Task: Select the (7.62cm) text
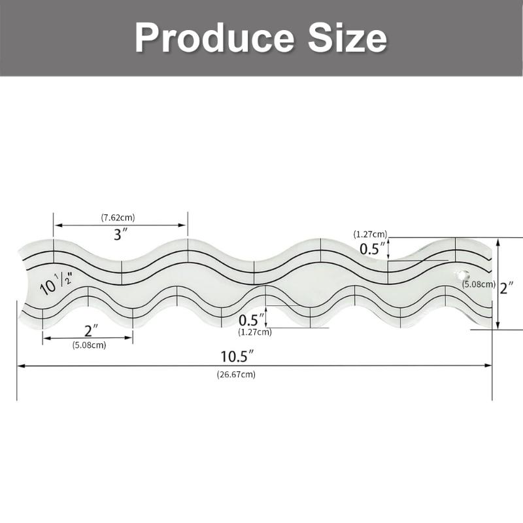point(118,217)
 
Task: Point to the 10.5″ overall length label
point(237,357)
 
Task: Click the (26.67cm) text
point(236,375)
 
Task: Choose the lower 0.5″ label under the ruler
point(252,320)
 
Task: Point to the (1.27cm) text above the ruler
point(370,233)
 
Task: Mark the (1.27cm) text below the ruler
point(255,331)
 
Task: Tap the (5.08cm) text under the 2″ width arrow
point(89,345)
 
